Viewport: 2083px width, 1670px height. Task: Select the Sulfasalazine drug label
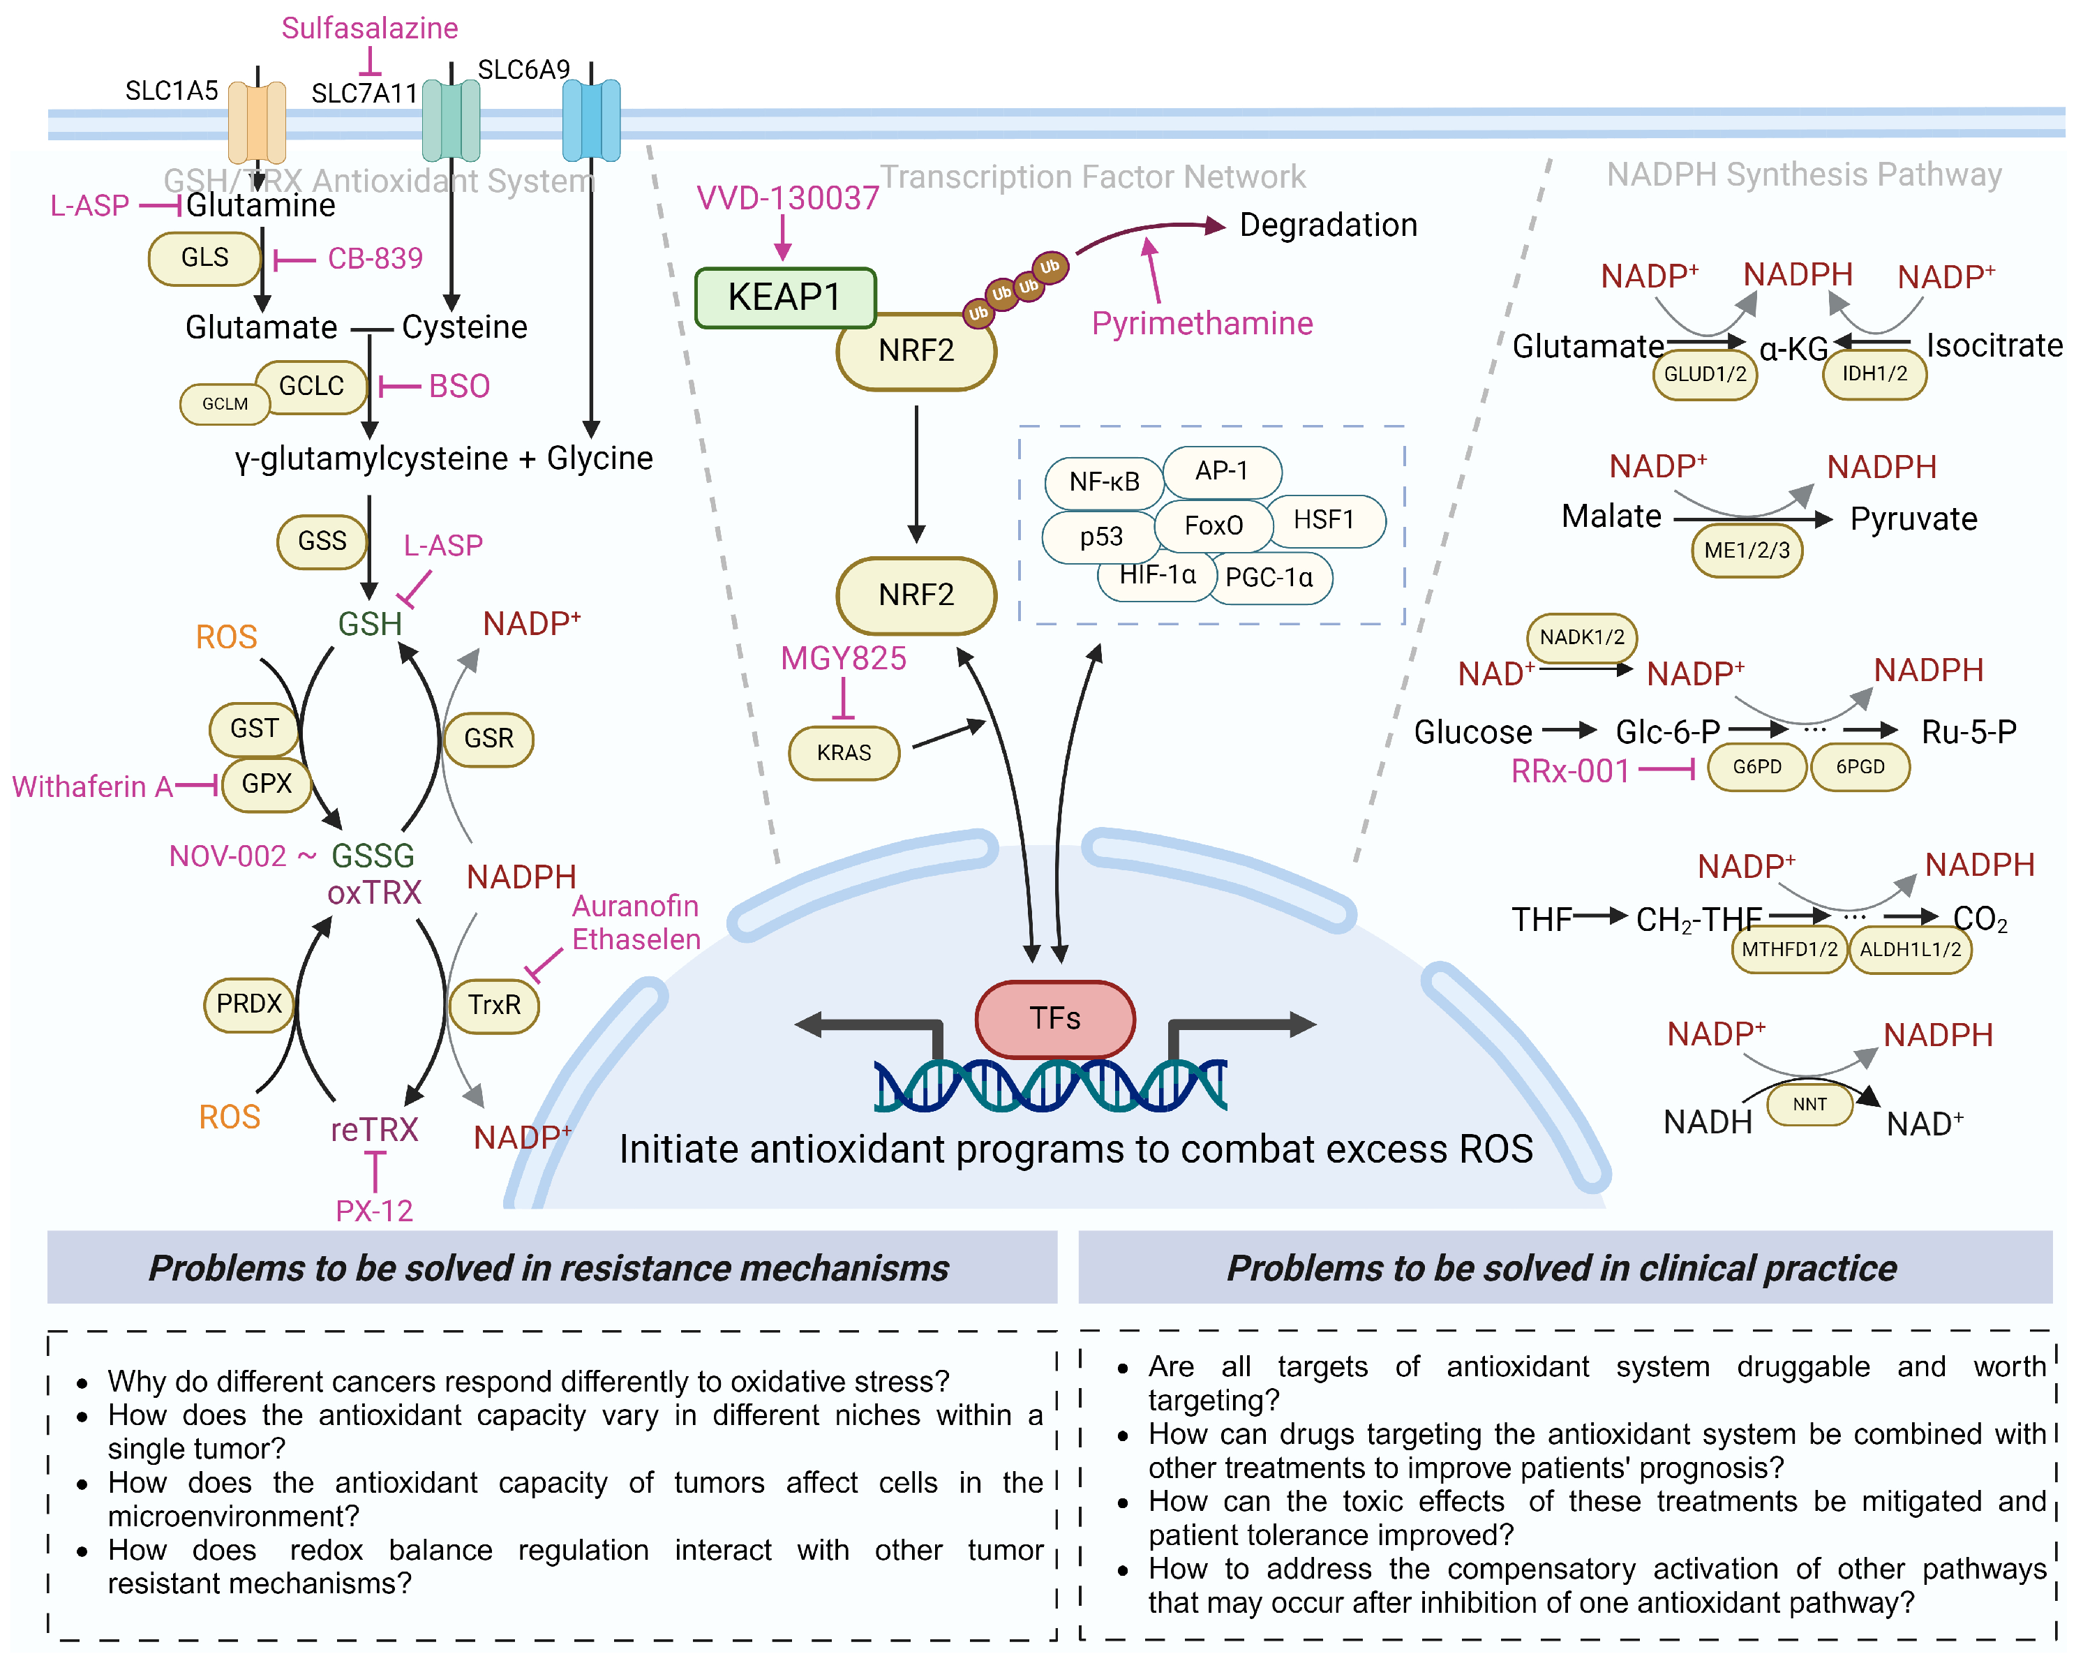tap(369, 28)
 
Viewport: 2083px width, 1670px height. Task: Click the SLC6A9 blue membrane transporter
tap(590, 120)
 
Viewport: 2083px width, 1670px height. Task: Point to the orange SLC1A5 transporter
tap(256, 121)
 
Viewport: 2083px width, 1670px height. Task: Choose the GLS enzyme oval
tap(205, 258)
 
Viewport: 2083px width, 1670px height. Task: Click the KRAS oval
tap(844, 753)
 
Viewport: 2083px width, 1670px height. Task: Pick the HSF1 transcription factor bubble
tap(1324, 520)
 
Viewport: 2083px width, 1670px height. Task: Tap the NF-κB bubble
tap(1103, 482)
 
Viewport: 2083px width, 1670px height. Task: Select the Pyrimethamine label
tap(1201, 324)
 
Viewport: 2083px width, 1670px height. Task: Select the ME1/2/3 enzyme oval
tap(1746, 551)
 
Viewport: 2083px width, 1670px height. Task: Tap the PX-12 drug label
tap(374, 1211)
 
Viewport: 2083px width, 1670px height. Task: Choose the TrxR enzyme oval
tap(493, 1005)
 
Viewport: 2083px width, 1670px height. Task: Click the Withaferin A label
tap(92, 786)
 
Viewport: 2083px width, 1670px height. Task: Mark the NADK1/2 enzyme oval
tap(1581, 638)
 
